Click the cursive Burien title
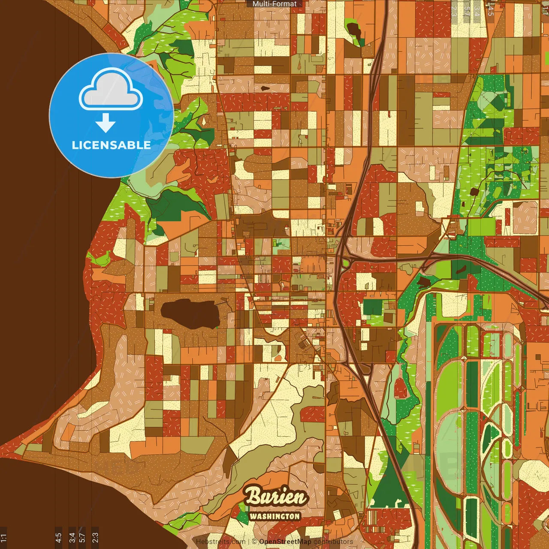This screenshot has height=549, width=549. tap(276, 497)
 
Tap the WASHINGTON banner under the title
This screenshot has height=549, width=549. tap(274, 516)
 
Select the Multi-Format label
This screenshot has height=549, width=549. tap(274, 4)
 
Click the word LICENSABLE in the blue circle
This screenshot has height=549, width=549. tap(111, 145)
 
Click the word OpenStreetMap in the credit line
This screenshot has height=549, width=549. tap(285, 542)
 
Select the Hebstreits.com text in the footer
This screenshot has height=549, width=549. tap(220, 542)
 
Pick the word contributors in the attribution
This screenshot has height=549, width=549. tap(333, 542)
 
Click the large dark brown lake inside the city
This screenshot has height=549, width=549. tap(191, 314)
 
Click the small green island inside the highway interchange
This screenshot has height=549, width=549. tap(345, 262)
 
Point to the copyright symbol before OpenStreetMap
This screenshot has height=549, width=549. tap(254, 542)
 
